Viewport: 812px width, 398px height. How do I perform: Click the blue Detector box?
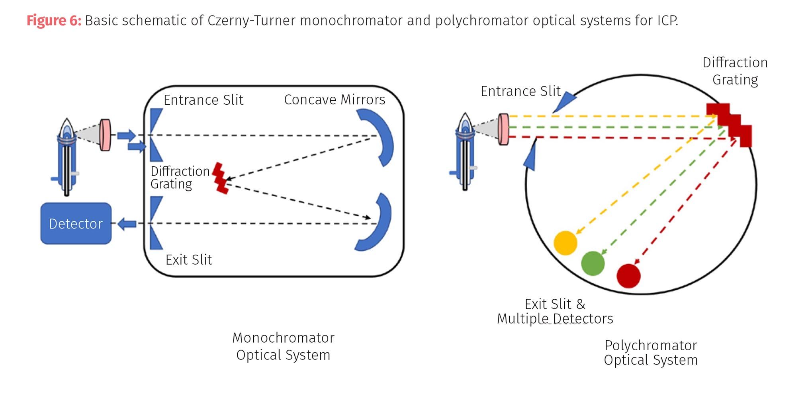click(76, 223)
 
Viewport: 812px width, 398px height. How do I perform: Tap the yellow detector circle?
click(565, 243)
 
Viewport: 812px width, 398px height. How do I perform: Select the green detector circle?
click(593, 263)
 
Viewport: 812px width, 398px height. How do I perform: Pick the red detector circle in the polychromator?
click(628, 275)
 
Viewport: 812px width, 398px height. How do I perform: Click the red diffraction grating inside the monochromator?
click(220, 178)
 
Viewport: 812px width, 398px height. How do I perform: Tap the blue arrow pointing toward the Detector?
click(127, 224)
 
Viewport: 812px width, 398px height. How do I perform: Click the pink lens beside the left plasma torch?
click(105, 135)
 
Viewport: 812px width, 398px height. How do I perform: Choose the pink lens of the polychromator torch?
click(503, 129)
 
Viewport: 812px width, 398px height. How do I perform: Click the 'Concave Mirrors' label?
click(334, 99)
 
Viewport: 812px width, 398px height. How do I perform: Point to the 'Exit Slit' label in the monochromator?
click(188, 259)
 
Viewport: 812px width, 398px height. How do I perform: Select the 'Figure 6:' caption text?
click(54, 20)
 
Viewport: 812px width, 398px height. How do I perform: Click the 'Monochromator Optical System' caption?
click(283, 346)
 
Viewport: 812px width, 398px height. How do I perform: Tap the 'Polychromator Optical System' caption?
click(650, 352)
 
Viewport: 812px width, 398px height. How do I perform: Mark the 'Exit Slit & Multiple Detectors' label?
click(555, 311)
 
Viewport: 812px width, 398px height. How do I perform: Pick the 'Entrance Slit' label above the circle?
click(520, 91)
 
